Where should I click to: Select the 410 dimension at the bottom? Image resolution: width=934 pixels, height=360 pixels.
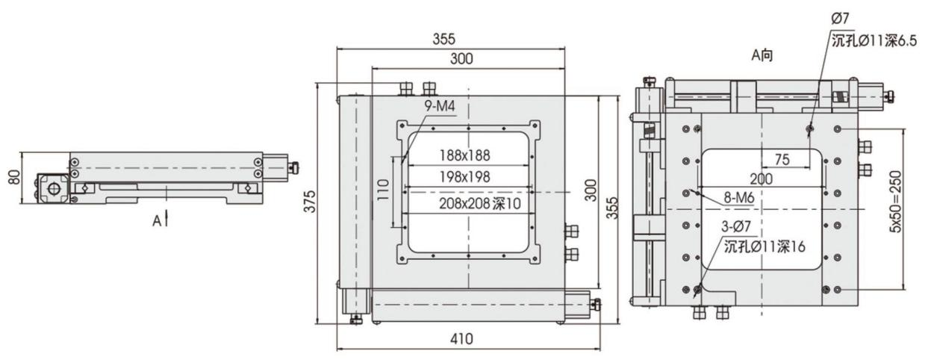coord(463,339)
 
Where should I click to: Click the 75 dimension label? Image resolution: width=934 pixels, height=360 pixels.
coord(782,158)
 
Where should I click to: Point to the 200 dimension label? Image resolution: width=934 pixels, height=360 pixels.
coord(762,179)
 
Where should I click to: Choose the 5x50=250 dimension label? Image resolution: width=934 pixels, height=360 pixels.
coord(915,208)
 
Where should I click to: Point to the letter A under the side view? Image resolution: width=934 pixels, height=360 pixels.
coord(157,221)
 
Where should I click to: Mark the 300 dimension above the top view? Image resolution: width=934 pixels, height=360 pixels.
coord(462,60)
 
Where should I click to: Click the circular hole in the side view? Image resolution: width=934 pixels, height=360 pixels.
coord(54,188)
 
